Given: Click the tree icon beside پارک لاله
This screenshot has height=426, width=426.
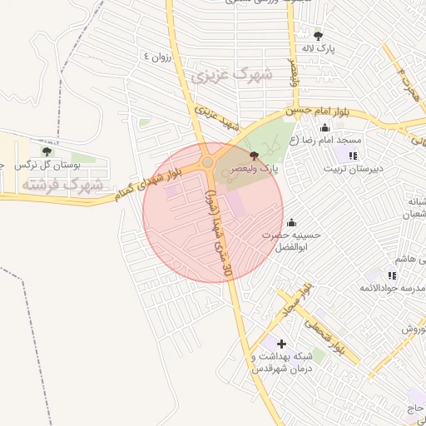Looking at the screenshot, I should tap(319, 35).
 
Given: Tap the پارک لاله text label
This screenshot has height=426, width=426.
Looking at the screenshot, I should tap(319, 49).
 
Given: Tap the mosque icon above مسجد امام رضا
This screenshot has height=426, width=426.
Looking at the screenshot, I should tap(324, 127).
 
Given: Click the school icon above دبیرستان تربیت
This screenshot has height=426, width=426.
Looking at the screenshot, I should tap(353, 155).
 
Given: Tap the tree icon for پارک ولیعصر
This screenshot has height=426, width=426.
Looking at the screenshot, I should tap(254, 155).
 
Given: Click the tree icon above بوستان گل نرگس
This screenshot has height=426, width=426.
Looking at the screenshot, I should tap(47, 151).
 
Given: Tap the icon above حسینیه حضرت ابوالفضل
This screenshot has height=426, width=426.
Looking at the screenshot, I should tap(291, 222).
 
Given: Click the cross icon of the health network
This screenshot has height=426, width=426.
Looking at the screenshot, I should tap(281, 344).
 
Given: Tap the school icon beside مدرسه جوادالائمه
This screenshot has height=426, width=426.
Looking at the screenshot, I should tap(392, 275).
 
